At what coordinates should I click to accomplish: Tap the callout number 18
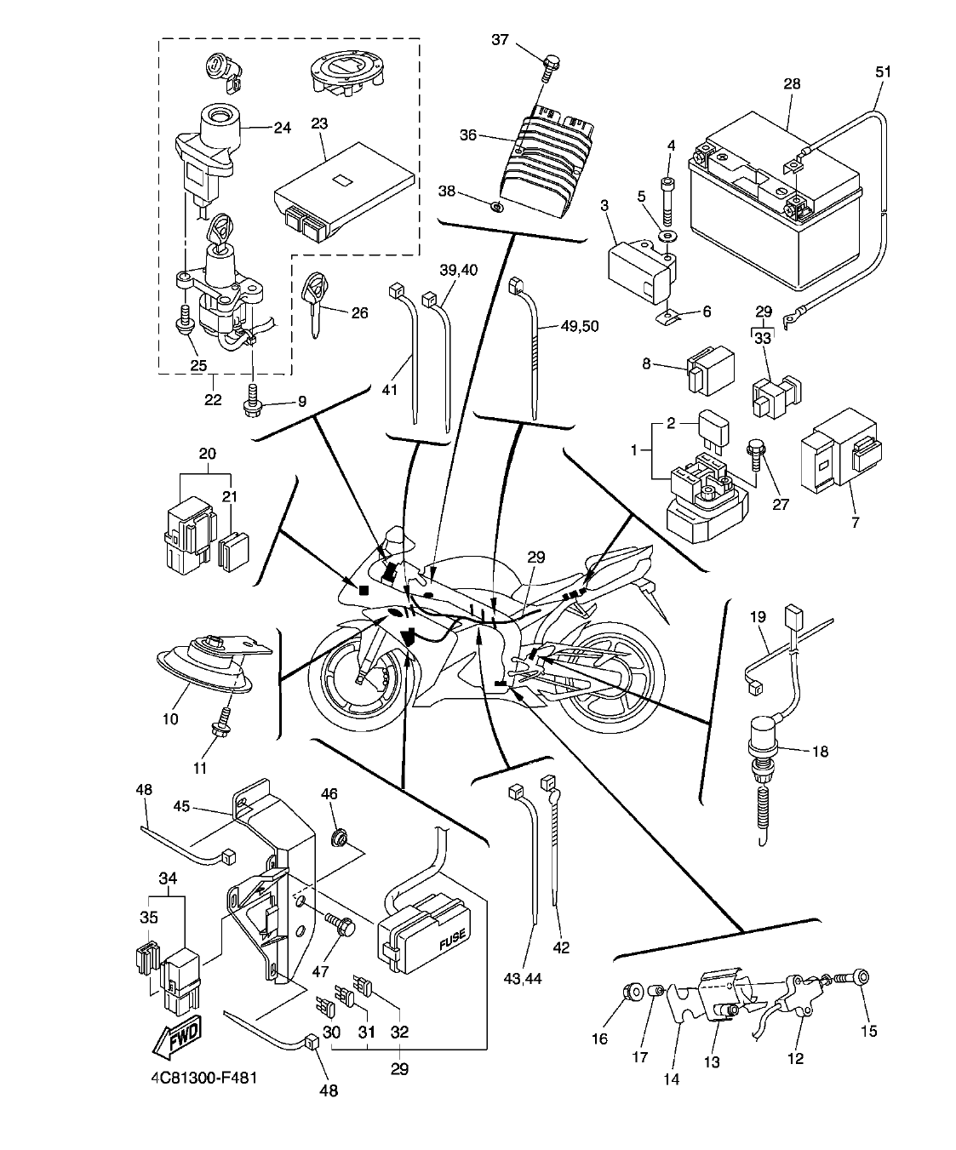click(x=820, y=752)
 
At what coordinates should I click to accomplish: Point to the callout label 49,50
click(x=581, y=326)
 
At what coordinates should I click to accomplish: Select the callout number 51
click(x=883, y=72)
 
